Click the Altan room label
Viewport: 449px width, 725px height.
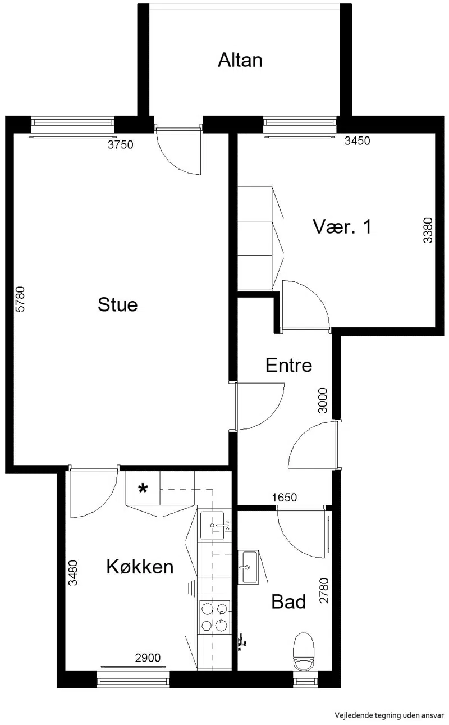(240, 60)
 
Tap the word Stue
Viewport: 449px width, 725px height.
(118, 304)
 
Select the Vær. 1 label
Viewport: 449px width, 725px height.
(342, 226)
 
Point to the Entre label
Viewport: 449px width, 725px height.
(289, 366)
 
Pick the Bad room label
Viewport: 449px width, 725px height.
(288, 601)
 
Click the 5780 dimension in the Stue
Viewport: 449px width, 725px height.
(20, 299)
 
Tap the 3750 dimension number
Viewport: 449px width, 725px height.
(120, 145)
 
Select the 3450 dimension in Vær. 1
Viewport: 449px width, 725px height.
(357, 141)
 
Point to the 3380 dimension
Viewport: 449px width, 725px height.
(428, 230)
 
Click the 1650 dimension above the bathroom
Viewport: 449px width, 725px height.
(285, 498)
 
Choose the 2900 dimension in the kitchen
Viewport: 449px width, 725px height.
(148, 658)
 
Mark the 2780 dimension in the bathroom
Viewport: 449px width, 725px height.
(324, 591)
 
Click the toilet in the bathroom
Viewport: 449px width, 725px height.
(304, 651)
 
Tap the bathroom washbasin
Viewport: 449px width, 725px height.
(248, 567)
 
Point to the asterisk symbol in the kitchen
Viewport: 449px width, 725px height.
(143, 488)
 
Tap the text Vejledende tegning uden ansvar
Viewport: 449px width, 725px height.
(389, 715)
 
